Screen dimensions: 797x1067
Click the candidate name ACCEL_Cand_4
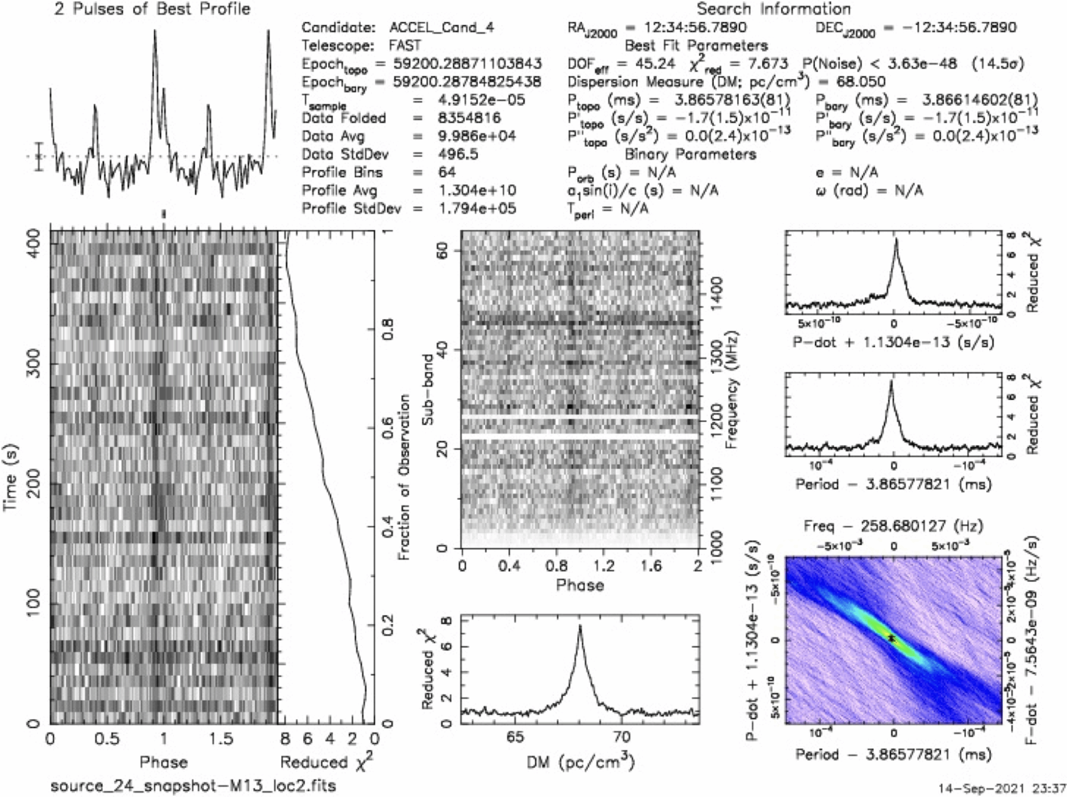click(441, 28)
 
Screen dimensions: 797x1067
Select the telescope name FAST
click(404, 46)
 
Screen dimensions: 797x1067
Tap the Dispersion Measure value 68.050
click(861, 82)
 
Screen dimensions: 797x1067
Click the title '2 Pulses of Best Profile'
click(152, 9)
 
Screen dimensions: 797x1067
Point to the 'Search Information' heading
click(773, 9)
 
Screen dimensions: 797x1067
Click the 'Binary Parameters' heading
click(690, 154)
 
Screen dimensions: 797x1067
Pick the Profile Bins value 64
click(446, 172)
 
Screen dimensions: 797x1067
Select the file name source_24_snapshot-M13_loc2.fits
click(193, 785)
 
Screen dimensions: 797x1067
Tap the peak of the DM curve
click(580, 627)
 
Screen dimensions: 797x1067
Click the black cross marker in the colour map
click(891, 638)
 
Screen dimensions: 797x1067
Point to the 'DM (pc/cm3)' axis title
click(580, 764)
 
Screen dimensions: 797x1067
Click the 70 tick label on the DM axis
click(622, 738)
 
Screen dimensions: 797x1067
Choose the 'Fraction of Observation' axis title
click(404, 477)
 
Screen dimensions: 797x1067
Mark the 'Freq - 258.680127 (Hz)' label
click(893, 526)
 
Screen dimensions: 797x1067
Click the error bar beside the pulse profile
click(39, 156)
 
